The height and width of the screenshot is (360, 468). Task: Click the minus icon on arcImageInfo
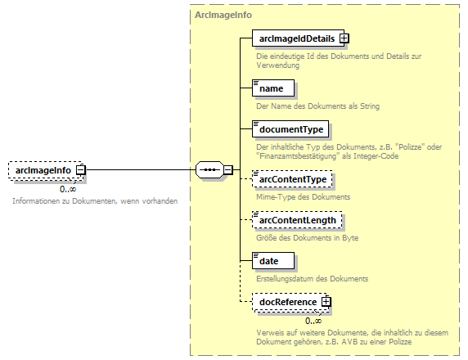pyautogui.click(x=81, y=170)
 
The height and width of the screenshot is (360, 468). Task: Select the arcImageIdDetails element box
pyautogui.click(x=297, y=38)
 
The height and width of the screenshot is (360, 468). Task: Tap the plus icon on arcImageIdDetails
pyautogui.click(x=344, y=38)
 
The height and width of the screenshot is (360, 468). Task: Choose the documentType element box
pyautogui.click(x=291, y=129)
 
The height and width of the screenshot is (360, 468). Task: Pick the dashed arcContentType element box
pyautogui.click(x=292, y=179)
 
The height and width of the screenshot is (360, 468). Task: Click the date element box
pyautogui.click(x=270, y=260)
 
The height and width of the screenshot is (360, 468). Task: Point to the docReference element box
pyautogui.click(x=287, y=303)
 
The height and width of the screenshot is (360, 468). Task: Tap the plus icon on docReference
pyautogui.click(x=326, y=303)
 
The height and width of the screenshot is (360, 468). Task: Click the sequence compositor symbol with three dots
pyautogui.click(x=210, y=170)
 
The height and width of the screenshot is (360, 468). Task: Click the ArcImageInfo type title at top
pyautogui.click(x=223, y=15)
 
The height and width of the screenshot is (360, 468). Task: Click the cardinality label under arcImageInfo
pyautogui.click(x=67, y=190)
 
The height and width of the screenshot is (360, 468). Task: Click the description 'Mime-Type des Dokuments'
pyautogui.click(x=303, y=197)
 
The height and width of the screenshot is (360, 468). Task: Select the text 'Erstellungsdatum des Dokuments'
pyautogui.click(x=312, y=278)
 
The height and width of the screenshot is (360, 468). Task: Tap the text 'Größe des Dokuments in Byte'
pyautogui.click(x=307, y=238)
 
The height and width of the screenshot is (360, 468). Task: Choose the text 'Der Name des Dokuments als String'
pyautogui.click(x=317, y=106)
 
